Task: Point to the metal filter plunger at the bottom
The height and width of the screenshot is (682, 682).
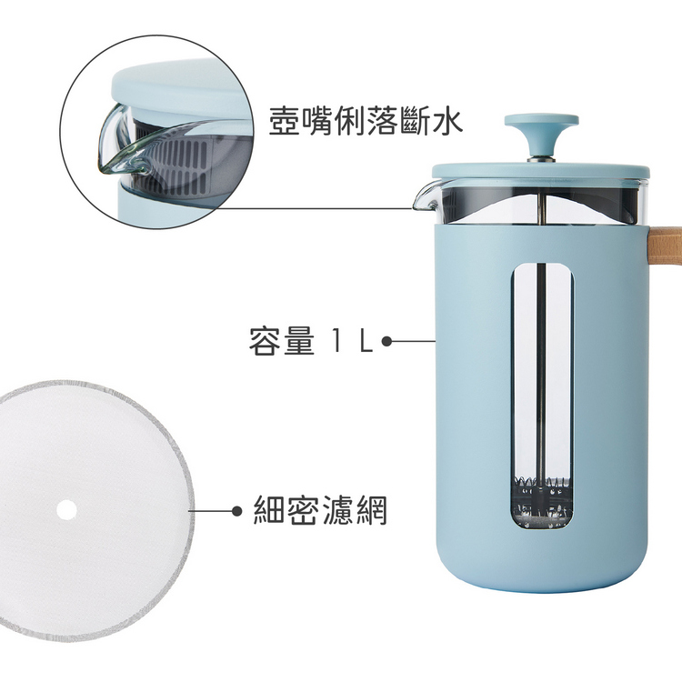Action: [542, 501]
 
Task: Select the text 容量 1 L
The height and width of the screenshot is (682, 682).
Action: [311, 341]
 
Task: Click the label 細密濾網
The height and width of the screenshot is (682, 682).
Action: [320, 510]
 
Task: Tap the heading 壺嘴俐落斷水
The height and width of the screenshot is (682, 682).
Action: [366, 120]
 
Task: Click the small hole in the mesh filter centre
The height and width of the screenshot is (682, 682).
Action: [66, 509]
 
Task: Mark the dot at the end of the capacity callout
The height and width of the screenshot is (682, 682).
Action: [386, 341]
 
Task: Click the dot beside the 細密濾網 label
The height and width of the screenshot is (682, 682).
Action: [237, 511]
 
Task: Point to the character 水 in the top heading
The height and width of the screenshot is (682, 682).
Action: [446, 120]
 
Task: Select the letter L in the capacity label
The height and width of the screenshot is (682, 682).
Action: [366, 341]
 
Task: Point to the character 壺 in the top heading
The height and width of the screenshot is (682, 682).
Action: [285, 120]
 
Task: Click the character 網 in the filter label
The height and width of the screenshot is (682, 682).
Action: [371, 510]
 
